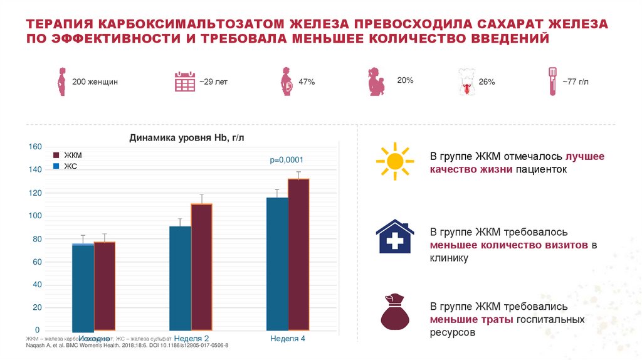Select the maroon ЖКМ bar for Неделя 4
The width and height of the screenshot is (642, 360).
[298, 254]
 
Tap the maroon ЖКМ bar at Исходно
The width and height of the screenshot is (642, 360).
[104, 285]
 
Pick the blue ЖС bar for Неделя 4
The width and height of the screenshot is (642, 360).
[277, 263]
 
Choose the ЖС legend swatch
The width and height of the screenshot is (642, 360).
[56, 166]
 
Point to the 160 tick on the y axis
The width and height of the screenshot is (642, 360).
[34, 147]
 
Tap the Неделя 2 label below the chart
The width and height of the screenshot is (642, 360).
[191, 338]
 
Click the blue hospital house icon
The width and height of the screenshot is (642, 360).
[394, 236]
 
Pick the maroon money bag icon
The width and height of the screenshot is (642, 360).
[395, 312]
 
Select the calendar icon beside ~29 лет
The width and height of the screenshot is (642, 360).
[184, 82]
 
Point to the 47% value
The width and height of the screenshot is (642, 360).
[307, 82]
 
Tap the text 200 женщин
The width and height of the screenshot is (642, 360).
[95, 82]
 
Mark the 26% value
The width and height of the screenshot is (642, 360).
[487, 82]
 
